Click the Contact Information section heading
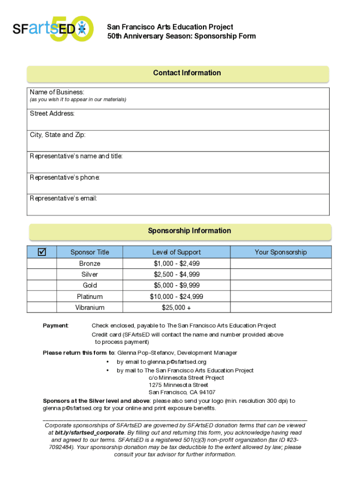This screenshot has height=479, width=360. (187, 73)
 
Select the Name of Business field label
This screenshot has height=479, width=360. (57, 92)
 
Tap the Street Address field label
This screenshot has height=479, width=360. (52, 114)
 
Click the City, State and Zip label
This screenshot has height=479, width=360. (58, 135)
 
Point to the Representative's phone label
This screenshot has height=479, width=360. (65, 177)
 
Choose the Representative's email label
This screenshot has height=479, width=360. (64, 198)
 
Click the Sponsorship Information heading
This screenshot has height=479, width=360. (189, 231)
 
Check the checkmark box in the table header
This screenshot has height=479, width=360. (42, 252)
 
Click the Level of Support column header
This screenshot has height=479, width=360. (176, 252)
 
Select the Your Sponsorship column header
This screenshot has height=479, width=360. (281, 252)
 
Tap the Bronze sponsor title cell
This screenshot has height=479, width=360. (89, 263)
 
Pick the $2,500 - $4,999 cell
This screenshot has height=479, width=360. (176, 275)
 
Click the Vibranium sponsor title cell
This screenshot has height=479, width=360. (89, 307)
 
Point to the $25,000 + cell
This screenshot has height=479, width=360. (176, 307)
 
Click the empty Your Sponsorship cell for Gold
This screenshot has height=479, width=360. (281, 285)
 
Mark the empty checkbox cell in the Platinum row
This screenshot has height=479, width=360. (42, 297)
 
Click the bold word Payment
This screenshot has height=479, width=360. (55, 326)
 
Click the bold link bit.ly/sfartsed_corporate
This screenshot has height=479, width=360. (84, 433)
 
